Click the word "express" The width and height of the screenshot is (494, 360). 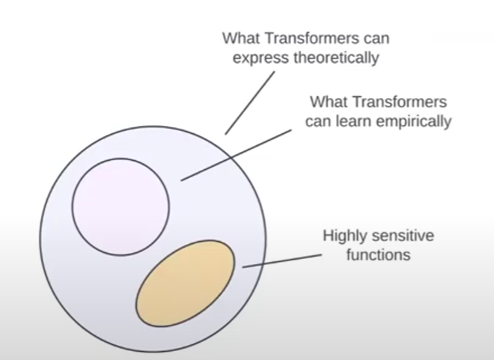pyautogui.click(x=258, y=57)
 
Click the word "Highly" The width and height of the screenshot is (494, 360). pyautogui.click(x=346, y=236)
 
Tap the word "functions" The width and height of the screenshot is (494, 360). pyautogui.click(x=378, y=254)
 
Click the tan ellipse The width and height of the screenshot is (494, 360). pyautogui.click(x=186, y=283)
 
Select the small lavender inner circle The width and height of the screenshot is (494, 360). pyautogui.click(x=120, y=205)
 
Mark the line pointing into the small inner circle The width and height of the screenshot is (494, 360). pyautogui.click(x=235, y=154)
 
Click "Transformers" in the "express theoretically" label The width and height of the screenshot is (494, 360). pyautogui.click(x=307, y=37)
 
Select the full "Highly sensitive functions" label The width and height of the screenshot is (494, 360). pyautogui.click(x=378, y=245)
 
